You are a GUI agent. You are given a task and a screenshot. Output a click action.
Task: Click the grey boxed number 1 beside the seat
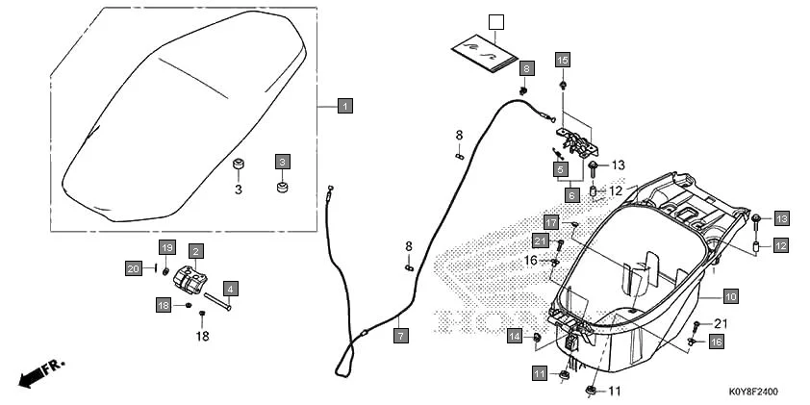(x=344, y=105)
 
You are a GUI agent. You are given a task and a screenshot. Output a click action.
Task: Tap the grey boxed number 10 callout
(x=730, y=296)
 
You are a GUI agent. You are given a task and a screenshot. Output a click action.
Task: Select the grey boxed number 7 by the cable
(x=400, y=337)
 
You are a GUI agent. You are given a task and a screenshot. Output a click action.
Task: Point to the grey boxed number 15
(x=564, y=60)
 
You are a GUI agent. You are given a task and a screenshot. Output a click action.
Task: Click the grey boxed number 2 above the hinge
(x=195, y=252)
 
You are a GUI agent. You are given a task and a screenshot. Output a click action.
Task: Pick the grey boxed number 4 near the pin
(x=231, y=288)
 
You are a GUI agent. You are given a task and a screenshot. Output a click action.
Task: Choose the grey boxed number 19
(x=166, y=247)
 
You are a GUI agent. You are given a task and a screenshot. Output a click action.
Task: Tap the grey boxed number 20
(x=134, y=267)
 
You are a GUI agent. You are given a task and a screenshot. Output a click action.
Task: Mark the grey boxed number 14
(x=516, y=336)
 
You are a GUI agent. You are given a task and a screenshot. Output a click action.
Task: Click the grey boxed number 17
(x=551, y=222)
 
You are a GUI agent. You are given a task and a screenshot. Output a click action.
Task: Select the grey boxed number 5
(x=558, y=169)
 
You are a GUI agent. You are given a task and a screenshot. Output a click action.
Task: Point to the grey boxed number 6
(x=570, y=195)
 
